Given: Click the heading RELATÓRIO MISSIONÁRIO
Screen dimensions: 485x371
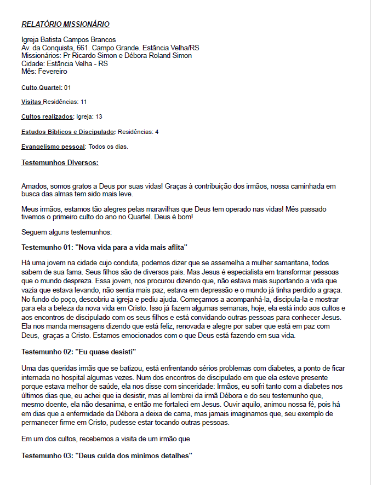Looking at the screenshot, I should coord(65,24).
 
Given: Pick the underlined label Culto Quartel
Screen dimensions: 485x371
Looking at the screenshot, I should coord(42,87).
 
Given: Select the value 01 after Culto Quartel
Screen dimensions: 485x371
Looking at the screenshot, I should coord(67,87).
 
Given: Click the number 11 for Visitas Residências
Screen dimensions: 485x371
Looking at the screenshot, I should coord(83,102).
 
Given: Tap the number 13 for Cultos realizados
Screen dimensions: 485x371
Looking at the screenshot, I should coord(99,116).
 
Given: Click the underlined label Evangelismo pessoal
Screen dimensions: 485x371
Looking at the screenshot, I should coord(53,147).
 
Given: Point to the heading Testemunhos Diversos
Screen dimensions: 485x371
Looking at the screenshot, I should coord(60,162).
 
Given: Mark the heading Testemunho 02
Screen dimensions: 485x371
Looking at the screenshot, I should coord(78,350).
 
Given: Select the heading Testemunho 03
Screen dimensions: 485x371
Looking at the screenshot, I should coord(107,455).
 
